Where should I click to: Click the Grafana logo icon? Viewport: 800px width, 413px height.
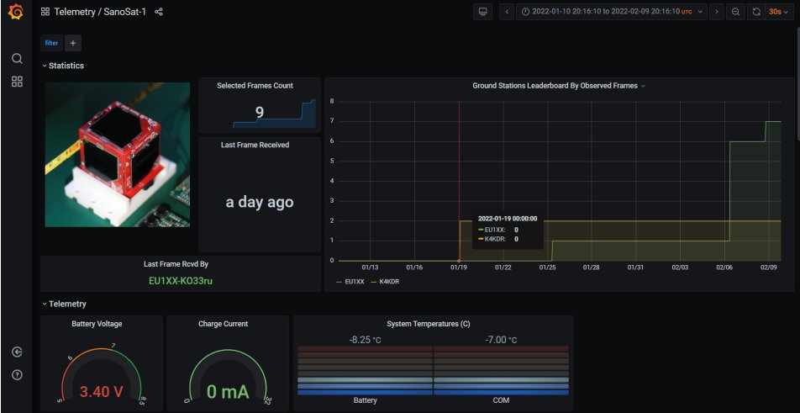tap(16, 12)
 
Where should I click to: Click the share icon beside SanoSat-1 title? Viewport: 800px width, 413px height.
tap(159, 12)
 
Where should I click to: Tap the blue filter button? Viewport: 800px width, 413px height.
tap(51, 42)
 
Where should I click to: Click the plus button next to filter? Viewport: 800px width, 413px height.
tap(72, 42)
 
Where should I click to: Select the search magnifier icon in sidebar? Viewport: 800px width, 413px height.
tap(17, 59)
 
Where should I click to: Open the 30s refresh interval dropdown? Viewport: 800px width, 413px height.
tap(779, 12)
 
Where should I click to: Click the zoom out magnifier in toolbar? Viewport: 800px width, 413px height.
tap(735, 12)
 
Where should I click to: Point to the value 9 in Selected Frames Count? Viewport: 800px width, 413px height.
tap(259, 112)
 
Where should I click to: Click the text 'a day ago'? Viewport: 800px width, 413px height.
tap(259, 202)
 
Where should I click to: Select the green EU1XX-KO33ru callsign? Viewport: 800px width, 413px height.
tap(181, 280)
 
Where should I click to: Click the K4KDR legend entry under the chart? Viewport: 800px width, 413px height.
tap(388, 282)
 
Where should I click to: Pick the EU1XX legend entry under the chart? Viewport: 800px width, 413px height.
tap(354, 282)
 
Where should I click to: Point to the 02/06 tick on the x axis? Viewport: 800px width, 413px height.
tap(724, 267)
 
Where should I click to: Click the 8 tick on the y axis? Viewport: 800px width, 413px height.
tap(333, 101)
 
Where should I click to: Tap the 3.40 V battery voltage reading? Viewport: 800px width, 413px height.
tap(102, 391)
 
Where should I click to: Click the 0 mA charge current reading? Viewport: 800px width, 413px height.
tap(224, 391)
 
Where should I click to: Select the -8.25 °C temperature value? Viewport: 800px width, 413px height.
tap(366, 340)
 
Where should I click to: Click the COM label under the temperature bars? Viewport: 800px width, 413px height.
tap(501, 400)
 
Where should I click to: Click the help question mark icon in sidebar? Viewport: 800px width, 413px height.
tap(17, 374)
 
